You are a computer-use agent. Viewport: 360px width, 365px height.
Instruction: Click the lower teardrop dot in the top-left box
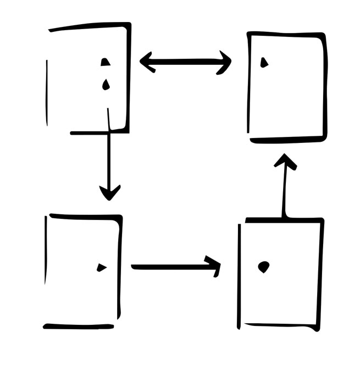[x=105, y=84]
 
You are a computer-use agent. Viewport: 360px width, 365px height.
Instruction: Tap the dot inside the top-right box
[x=264, y=63]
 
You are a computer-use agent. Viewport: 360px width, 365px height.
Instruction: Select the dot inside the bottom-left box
[x=101, y=268]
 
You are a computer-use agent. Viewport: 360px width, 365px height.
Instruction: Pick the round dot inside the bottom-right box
[x=264, y=267]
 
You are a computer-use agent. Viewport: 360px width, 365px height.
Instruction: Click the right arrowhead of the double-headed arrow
[x=225, y=62]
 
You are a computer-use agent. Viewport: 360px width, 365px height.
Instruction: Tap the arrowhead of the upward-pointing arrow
[x=285, y=161]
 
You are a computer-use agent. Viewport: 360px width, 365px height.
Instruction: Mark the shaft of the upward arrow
[x=284, y=192]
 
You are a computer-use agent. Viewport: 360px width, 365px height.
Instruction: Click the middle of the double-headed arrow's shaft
[x=185, y=62]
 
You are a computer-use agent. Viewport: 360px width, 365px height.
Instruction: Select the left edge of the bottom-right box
[x=240, y=275]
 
